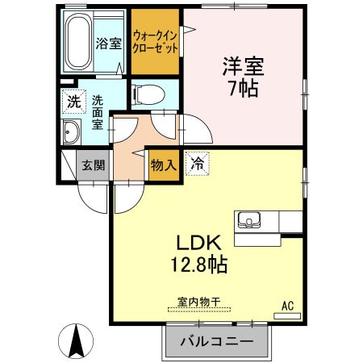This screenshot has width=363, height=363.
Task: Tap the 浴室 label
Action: tap(110, 43)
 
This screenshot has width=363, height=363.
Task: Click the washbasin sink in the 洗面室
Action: tap(70, 131)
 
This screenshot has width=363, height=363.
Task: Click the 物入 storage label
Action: tap(163, 165)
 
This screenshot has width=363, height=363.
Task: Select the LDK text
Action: tap(199, 243)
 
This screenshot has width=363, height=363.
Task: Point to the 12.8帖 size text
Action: tap(198, 264)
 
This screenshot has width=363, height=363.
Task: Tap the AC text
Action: tap(287, 305)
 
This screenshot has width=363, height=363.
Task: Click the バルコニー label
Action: tap(215, 342)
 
